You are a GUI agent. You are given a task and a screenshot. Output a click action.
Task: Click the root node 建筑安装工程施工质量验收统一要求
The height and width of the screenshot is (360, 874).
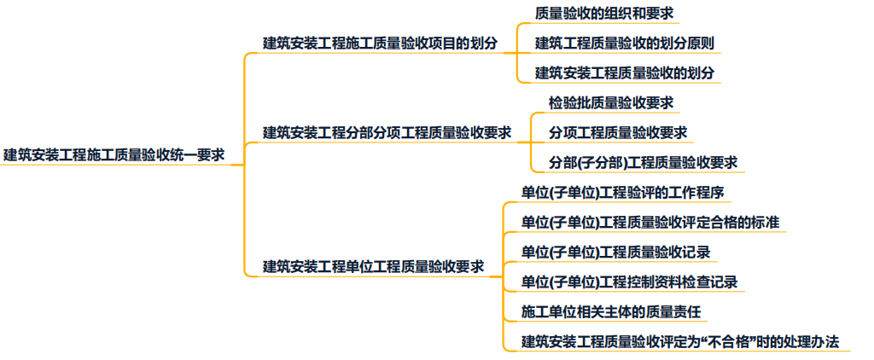[114, 155]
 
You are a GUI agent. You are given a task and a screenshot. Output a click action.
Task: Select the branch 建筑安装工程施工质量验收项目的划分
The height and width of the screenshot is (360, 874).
[381, 43]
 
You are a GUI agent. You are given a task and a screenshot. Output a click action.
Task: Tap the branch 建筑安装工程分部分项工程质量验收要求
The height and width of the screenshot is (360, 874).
[387, 132]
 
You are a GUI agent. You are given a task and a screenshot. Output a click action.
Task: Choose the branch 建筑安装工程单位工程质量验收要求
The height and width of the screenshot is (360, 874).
[374, 266]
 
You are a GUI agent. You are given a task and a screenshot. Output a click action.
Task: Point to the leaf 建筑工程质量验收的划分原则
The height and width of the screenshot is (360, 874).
[625, 43]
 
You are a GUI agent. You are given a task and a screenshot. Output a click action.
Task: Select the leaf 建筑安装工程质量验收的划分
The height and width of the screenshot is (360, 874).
[625, 72]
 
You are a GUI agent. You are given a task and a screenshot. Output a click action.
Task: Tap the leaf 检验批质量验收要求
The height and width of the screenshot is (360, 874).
[611, 102]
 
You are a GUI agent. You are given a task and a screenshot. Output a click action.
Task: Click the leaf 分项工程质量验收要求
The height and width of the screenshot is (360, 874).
[618, 132]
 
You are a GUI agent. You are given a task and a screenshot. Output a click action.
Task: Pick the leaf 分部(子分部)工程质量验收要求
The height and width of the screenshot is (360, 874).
[644, 162]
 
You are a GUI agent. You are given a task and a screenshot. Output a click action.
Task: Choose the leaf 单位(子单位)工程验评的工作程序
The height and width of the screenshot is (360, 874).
[624, 192]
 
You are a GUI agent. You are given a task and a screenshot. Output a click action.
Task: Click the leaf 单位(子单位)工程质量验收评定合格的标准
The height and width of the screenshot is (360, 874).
[650, 223]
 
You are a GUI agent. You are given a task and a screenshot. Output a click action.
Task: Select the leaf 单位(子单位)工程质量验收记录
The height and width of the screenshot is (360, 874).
[616, 253]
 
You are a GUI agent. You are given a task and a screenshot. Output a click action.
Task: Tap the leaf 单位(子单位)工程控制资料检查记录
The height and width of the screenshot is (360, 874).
[630, 282]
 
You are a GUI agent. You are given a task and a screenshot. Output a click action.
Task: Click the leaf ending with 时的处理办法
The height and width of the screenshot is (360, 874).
[680, 342]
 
